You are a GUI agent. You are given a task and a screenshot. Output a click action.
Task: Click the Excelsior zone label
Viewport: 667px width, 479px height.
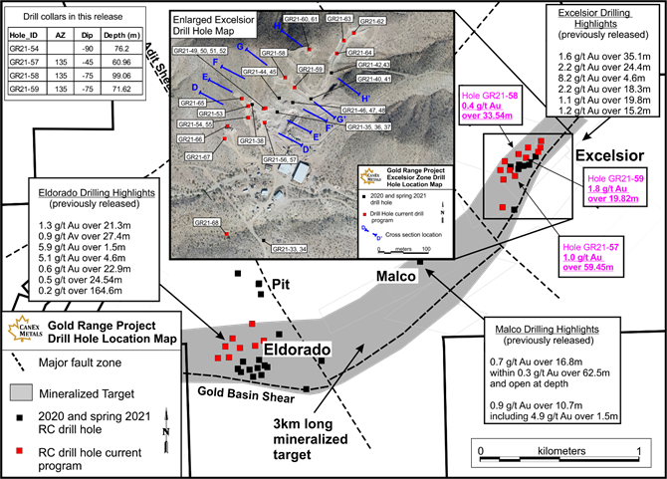pos(610,155)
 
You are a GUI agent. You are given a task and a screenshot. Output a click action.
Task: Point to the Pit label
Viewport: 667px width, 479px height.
pos(286,285)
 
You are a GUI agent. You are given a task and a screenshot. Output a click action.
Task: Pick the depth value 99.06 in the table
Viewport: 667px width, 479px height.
pos(119,74)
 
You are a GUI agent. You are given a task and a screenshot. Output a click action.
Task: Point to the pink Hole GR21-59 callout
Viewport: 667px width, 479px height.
pos(613,185)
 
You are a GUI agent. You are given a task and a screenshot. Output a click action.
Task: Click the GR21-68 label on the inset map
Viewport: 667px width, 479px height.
pos(206,222)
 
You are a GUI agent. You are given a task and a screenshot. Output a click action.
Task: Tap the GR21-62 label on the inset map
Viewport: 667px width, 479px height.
pos(371,21)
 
